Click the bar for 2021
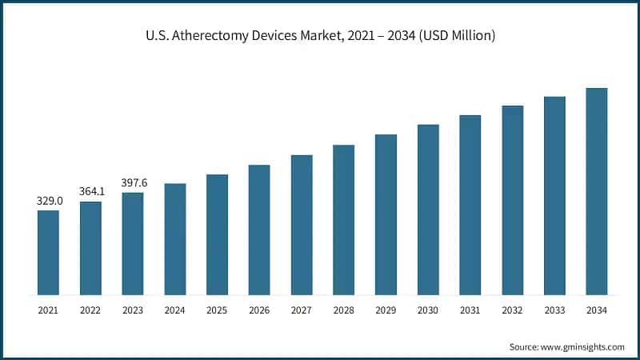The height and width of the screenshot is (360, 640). tap(48, 252)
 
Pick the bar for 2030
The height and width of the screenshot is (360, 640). tap(428, 209)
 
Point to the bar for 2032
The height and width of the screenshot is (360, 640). tap(513, 199)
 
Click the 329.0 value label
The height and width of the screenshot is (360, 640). tap(48, 201)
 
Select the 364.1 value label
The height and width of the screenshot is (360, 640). tap(90, 192)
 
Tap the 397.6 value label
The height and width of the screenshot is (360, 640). tap(133, 182)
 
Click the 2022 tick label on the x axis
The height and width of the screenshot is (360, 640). tap(90, 310)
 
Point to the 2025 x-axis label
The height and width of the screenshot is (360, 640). tap(217, 310)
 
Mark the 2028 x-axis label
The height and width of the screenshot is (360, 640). tap(343, 310)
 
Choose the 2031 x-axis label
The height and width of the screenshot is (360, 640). tap(470, 310)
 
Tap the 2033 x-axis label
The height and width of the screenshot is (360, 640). tap(554, 310)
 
